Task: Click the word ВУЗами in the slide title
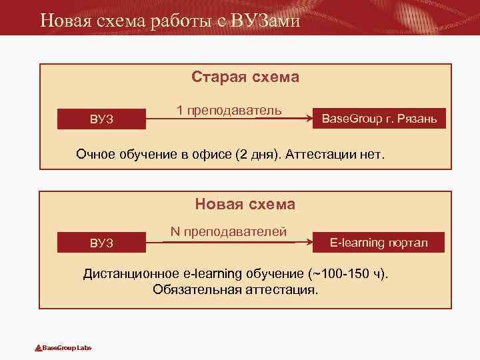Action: click(266, 21)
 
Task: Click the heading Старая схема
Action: click(245, 77)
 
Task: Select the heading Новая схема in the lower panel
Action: click(245, 204)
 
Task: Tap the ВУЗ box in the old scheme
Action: click(102, 119)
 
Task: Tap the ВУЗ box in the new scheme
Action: click(102, 243)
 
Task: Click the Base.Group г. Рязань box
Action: click(379, 119)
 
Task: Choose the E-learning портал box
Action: click(379, 243)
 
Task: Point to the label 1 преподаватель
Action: click(229, 109)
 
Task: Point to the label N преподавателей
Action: click(229, 231)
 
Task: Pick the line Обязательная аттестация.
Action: click(236, 290)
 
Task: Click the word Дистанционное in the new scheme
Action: click(130, 274)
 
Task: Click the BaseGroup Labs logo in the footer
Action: click(63, 348)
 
